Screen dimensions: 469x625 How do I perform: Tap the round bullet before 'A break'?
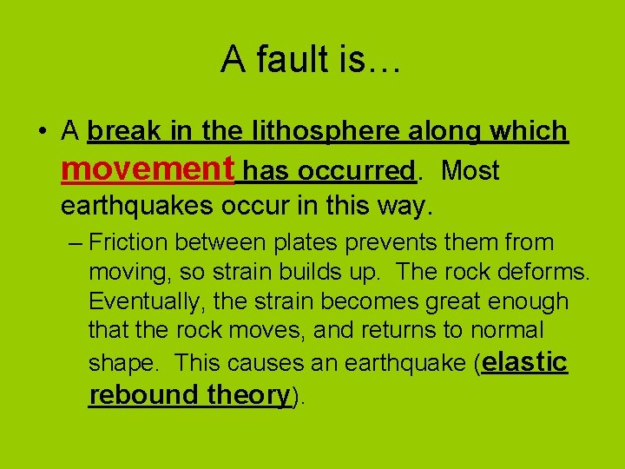click(41, 133)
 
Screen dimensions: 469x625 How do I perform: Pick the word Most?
click(470, 171)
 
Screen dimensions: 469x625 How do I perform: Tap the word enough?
click(526, 301)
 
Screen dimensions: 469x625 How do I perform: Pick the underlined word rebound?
click(144, 394)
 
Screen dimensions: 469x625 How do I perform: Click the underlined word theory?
click(248, 394)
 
